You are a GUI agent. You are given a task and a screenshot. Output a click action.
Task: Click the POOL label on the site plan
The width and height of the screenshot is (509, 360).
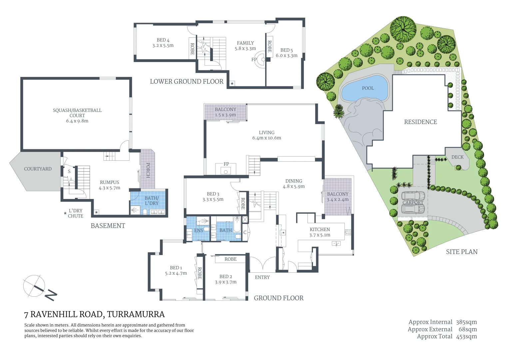coord(368,88)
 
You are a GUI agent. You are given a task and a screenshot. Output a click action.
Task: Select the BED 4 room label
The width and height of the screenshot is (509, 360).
coord(163,43)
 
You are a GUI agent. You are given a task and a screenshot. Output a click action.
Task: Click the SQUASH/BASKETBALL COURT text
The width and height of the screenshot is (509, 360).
coord(77,113)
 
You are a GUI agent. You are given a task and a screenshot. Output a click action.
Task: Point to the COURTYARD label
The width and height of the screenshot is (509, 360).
coord(38,169)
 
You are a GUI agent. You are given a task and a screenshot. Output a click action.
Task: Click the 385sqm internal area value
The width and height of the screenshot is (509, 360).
coord(466,322)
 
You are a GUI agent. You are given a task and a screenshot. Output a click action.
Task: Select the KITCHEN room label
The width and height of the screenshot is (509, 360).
coord(320,232)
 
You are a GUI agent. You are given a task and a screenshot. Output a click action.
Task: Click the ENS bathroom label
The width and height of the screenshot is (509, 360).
coord(199,230)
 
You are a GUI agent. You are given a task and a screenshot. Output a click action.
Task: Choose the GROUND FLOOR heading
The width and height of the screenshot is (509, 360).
coord(278,298)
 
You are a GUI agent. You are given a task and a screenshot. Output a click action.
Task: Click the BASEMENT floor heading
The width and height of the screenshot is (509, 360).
coord(108,226)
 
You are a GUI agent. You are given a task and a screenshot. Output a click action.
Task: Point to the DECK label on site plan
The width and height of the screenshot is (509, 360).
coord(457,157)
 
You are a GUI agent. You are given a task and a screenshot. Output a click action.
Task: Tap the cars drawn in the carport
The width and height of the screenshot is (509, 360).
coord(413,202)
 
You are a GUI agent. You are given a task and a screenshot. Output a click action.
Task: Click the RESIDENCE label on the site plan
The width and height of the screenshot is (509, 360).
coord(420,122)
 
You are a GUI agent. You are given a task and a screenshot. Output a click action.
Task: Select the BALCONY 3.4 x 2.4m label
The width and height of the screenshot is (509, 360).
coord(337,197)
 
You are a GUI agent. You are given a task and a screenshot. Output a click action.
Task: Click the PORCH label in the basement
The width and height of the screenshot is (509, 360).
coord(148,170)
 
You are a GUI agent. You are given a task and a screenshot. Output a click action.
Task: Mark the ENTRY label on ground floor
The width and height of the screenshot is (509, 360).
coord(262,277)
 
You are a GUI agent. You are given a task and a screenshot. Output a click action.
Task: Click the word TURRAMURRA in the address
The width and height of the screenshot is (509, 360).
coord(136,314)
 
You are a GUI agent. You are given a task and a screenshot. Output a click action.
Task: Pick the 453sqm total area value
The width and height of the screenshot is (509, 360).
coord(466,336)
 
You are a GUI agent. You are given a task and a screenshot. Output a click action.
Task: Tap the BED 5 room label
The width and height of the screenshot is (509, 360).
coord(286,53)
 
